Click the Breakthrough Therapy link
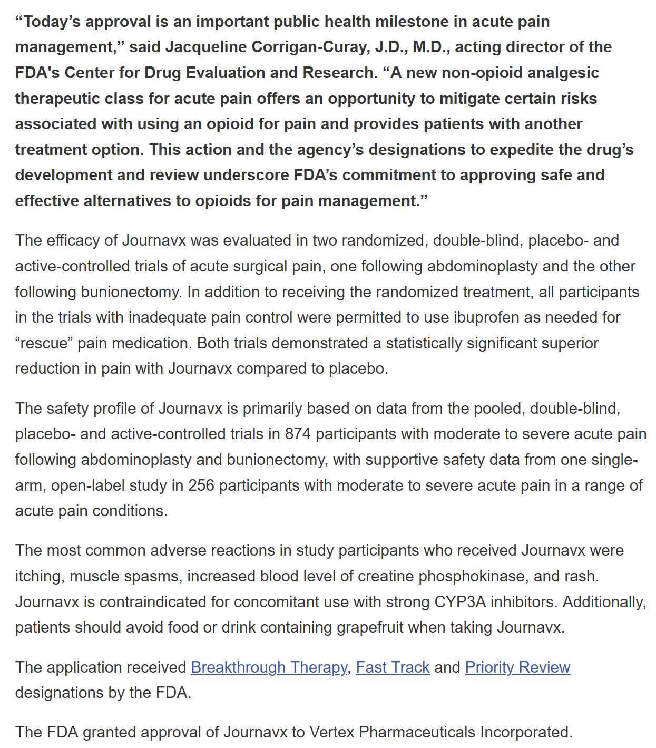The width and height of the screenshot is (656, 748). (x=269, y=667)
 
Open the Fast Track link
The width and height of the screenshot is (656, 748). (x=393, y=667)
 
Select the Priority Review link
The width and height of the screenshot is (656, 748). (x=517, y=667)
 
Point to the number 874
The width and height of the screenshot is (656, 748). (x=298, y=434)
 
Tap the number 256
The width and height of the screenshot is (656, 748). (x=201, y=485)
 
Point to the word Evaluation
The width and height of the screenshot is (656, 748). (x=212, y=73)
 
